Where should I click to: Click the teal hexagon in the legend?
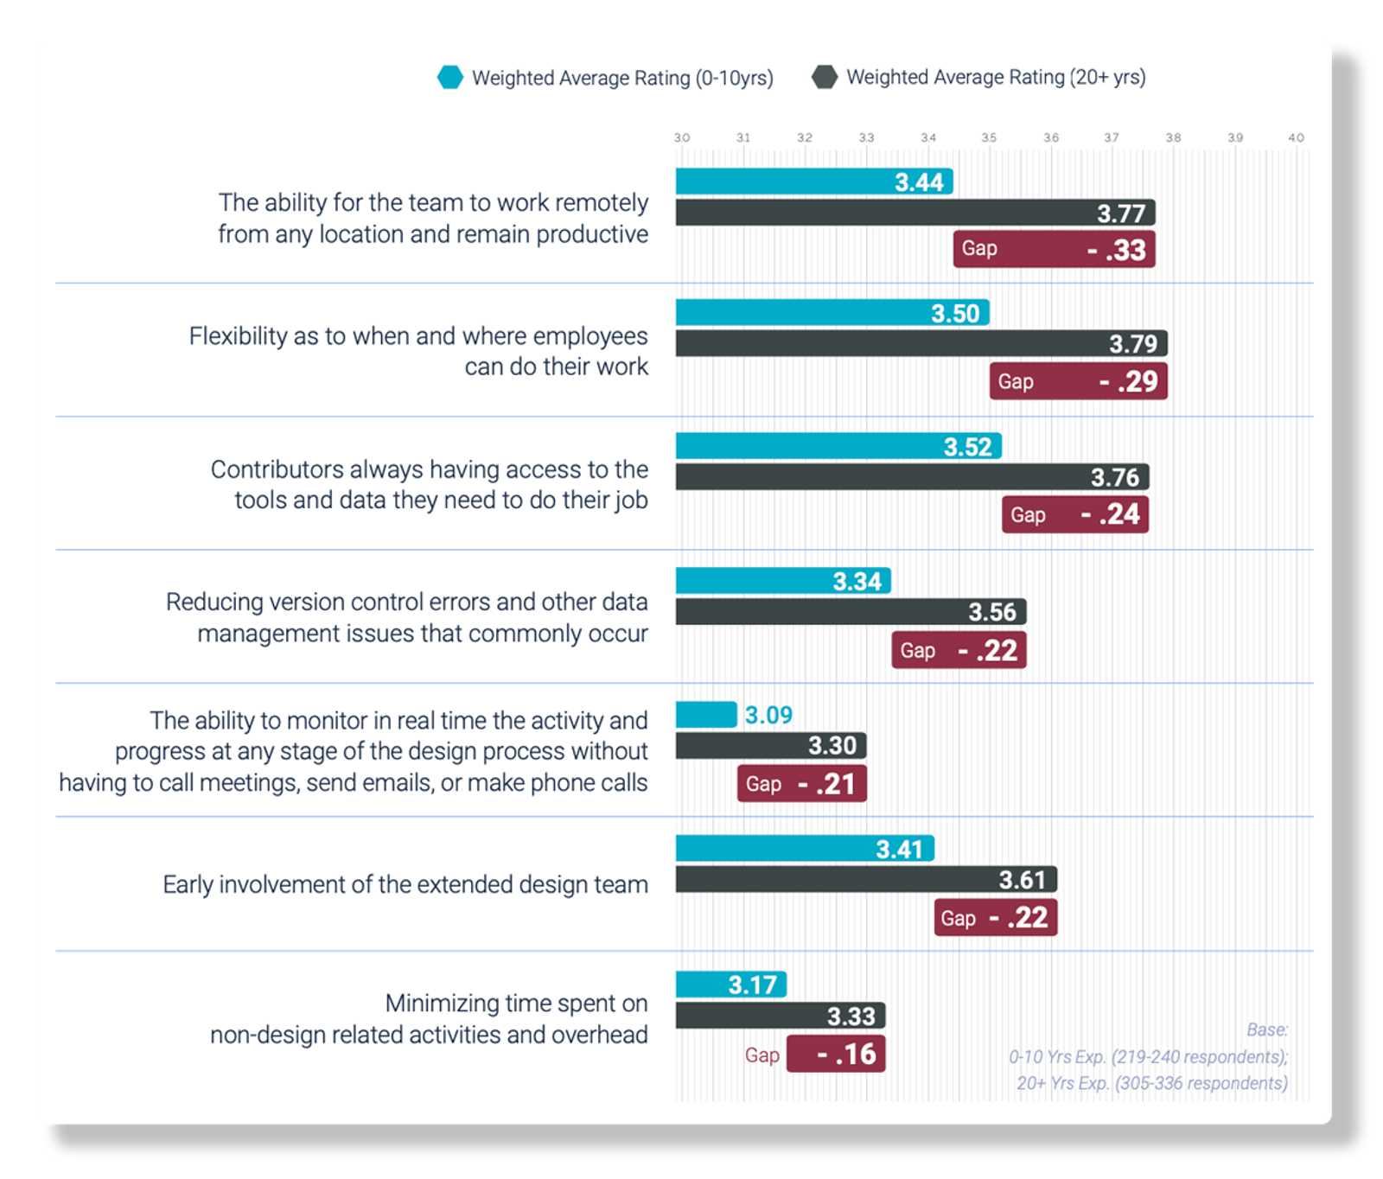click(x=450, y=78)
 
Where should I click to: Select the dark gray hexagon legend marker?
click(x=825, y=77)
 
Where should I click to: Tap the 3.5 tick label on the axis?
click(x=989, y=137)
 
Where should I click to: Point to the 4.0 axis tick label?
click(x=1296, y=137)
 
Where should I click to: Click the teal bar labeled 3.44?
click(x=813, y=182)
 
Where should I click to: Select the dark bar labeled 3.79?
click(x=921, y=343)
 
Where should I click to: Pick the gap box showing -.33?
click(x=1054, y=249)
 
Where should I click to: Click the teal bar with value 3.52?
click(x=838, y=446)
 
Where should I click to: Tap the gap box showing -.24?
click(x=1074, y=514)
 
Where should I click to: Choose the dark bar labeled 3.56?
click(x=851, y=612)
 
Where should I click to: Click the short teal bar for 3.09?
click(x=706, y=715)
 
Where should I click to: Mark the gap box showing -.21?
click(x=801, y=784)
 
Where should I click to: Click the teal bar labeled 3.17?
click(x=730, y=985)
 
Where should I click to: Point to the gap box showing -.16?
click(x=836, y=1054)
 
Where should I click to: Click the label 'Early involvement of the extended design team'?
click(x=405, y=885)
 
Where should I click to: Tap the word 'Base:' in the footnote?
click(x=1266, y=1029)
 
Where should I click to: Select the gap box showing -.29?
click(x=1078, y=381)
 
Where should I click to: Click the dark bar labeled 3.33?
click(x=780, y=1016)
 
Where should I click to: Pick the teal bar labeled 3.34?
click(x=782, y=581)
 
